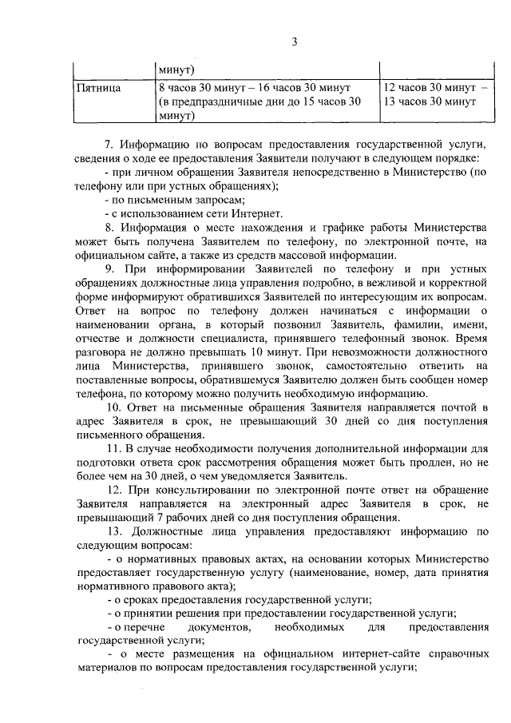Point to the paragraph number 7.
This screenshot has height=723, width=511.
[109, 145]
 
